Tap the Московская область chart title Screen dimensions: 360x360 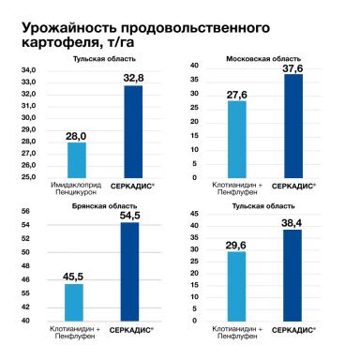[x=262, y=59]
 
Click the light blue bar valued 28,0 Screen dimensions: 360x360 [x=77, y=159]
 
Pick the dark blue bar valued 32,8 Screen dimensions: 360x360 [x=133, y=131]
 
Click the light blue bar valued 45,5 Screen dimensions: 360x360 [x=75, y=302]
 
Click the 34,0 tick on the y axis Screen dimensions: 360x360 [x=29, y=71]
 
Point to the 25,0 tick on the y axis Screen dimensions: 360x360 [x=29, y=176]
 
